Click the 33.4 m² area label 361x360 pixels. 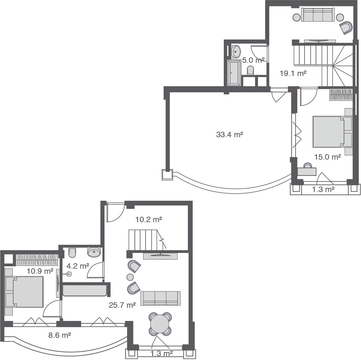coord(229,135)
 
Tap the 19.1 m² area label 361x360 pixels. coord(293,73)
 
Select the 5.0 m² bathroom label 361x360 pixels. coord(253,60)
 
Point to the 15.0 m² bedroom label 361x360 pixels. coord(327,157)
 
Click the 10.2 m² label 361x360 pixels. coord(148,220)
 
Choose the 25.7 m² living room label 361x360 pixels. coord(122,305)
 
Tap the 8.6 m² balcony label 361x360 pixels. coord(60,335)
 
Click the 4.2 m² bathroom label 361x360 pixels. coord(78,266)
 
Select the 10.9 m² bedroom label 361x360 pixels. coord(40,271)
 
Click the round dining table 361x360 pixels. coord(160,324)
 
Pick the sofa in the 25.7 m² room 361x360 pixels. coord(160,298)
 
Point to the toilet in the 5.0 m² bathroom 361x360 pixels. coord(250,70)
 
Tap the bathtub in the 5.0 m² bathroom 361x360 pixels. coord(234,72)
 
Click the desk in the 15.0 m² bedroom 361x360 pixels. coord(307,172)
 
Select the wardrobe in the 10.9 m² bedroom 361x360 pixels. coord(37,260)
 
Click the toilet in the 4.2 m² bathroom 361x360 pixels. coord(72,252)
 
